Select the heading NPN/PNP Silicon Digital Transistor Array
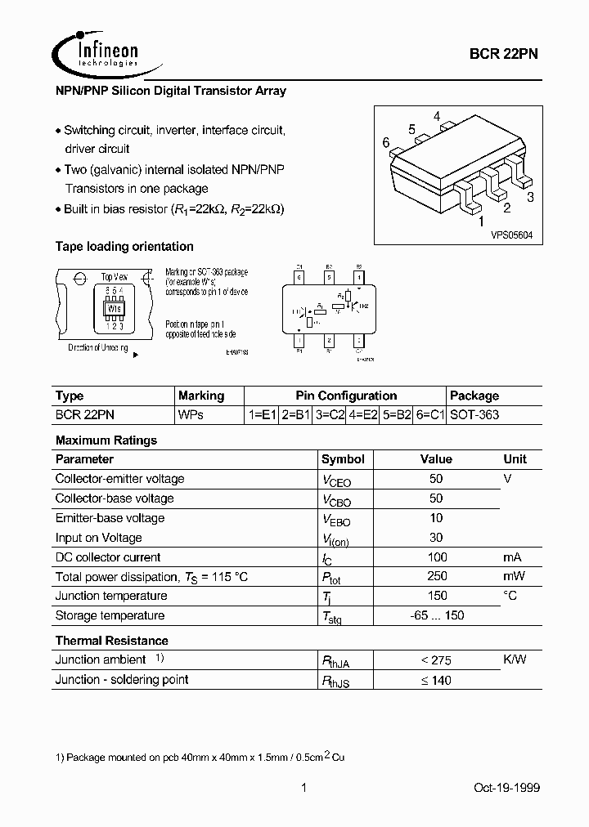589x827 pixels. [x=170, y=92]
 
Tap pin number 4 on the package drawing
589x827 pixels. [x=438, y=117]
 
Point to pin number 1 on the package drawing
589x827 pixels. [x=482, y=221]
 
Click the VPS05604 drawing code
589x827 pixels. [x=512, y=235]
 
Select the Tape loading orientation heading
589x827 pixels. [x=124, y=247]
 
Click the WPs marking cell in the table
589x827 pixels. [x=191, y=415]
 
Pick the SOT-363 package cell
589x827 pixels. [x=475, y=415]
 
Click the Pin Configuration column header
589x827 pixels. [x=346, y=396]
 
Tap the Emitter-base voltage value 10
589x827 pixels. [x=436, y=518]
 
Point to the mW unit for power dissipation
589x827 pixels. [x=515, y=577]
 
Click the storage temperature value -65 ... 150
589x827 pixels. [x=436, y=616]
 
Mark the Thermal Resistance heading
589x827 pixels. [x=111, y=641]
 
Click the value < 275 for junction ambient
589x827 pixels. [x=436, y=660]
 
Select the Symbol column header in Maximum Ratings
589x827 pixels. [x=343, y=459]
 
